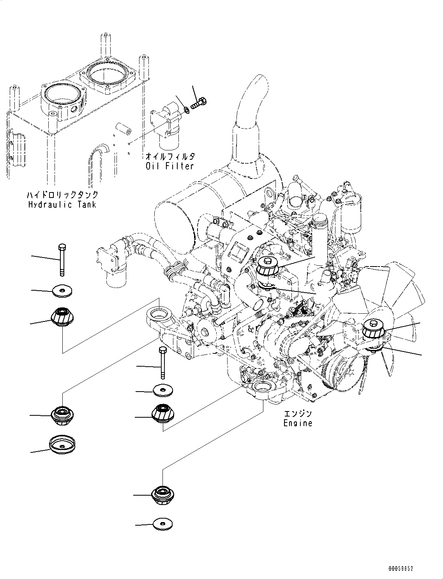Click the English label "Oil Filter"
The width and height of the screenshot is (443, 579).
pyautogui.click(x=169, y=166)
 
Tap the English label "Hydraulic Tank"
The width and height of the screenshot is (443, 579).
pyautogui.click(x=62, y=204)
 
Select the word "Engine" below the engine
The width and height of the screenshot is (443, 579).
pyautogui.click(x=298, y=423)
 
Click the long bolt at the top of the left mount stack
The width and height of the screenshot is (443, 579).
pyautogui.click(x=62, y=260)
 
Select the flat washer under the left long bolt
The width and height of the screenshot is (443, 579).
pyautogui.click(x=62, y=291)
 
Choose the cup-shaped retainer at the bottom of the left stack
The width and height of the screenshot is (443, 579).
pyautogui.click(x=62, y=445)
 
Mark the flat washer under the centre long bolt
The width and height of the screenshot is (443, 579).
pyautogui.click(x=163, y=390)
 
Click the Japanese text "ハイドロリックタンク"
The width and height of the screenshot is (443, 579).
pyautogui.click(x=62, y=195)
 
